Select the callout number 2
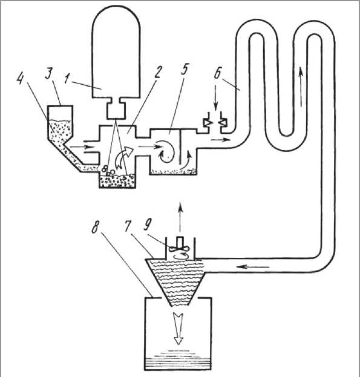click(157, 71)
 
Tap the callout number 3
click(49, 74)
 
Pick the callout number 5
click(185, 69)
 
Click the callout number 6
click(217, 73)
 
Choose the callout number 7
click(129, 226)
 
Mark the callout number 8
click(95, 227)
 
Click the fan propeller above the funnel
click(180, 249)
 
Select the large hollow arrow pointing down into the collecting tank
click(178, 329)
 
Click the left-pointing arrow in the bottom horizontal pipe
click(252, 266)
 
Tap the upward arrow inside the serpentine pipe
click(300, 87)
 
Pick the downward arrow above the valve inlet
click(215, 98)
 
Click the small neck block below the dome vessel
click(116, 110)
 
